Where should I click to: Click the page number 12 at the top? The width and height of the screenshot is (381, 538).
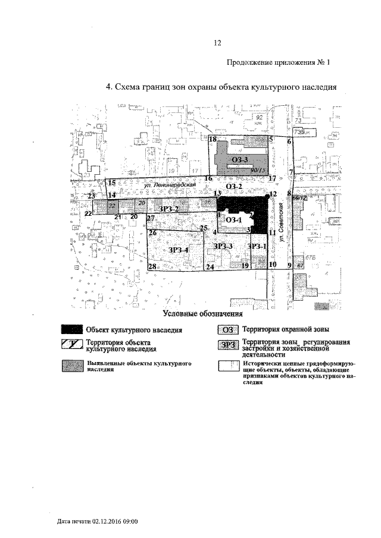pyautogui.click(x=217, y=42)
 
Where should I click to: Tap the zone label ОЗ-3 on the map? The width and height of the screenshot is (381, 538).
pyautogui.click(x=240, y=159)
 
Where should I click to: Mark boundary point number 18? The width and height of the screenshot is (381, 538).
pyautogui.click(x=212, y=139)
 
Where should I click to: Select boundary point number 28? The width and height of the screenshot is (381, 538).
pyautogui.click(x=152, y=267)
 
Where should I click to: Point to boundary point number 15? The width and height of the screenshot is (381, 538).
pyautogui.click(x=112, y=183)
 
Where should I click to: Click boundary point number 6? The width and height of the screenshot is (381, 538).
pyautogui.click(x=289, y=141)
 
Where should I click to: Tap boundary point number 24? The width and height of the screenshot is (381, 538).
pyautogui.click(x=210, y=268)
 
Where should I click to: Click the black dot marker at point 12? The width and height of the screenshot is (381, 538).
pyautogui.click(x=266, y=195)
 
